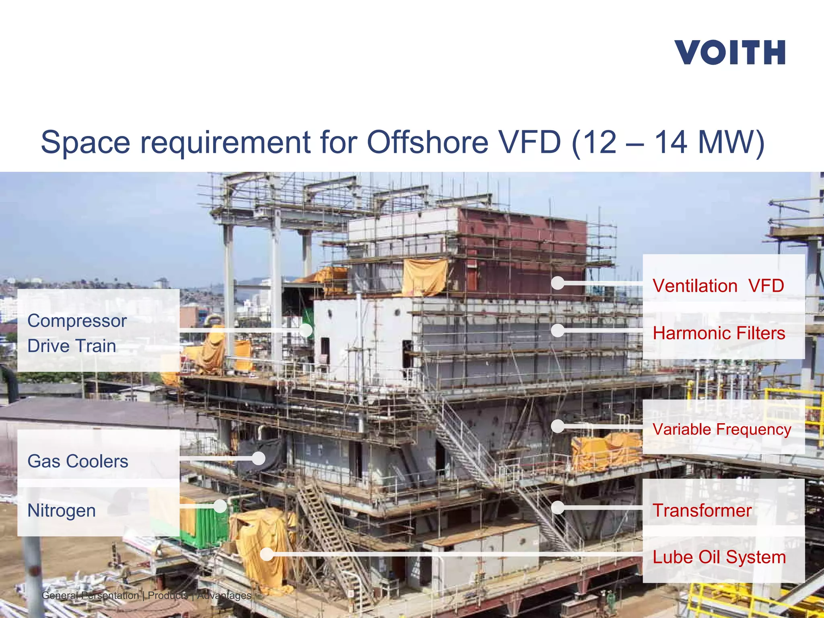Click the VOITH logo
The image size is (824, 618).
[x=729, y=52]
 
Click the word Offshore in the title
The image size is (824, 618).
[x=427, y=142]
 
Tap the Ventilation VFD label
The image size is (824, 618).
[x=718, y=286]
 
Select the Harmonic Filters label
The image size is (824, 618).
[x=719, y=333]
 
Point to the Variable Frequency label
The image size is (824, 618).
[x=722, y=429]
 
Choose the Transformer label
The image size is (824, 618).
[x=702, y=510]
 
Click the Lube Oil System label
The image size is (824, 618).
[x=719, y=557]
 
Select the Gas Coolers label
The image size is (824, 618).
[x=78, y=461]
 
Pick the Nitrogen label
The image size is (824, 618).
[x=62, y=511]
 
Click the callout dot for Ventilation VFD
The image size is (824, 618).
[x=558, y=283]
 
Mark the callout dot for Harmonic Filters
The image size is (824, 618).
[x=558, y=331]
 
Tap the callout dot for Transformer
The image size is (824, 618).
[x=558, y=508]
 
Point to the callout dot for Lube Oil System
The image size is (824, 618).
[x=267, y=554]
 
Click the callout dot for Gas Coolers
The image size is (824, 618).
[x=258, y=458]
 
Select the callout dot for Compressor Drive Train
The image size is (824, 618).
[x=306, y=330]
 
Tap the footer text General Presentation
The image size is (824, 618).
[x=90, y=595]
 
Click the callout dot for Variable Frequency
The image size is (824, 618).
[x=558, y=426]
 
